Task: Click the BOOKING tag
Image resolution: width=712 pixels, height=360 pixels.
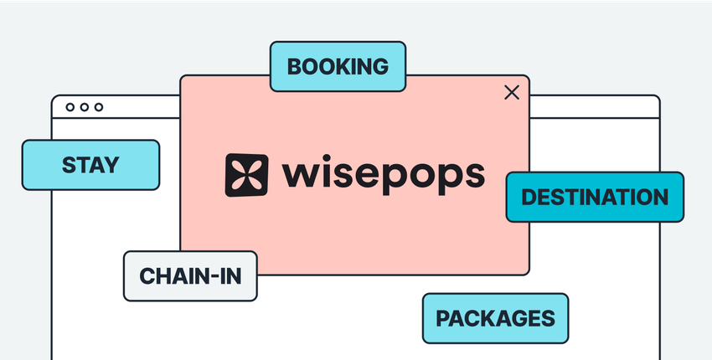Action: click(338, 66)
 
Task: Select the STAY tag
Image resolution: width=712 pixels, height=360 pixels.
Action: click(90, 165)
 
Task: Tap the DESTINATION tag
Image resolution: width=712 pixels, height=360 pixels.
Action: click(595, 198)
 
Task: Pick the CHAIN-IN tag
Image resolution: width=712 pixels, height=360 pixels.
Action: click(190, 276)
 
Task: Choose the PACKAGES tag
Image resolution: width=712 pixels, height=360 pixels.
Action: click(495, 318)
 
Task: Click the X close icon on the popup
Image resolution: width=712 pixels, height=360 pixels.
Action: click(512, 92)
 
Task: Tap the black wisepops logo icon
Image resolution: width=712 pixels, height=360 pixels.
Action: click(246, 175)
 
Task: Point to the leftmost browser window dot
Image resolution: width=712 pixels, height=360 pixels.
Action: click(70, 107)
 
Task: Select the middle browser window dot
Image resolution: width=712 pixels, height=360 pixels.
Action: click(84, 107)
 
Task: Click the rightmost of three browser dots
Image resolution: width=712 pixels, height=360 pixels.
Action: click(98, 107)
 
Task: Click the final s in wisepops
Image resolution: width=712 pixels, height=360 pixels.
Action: click(475, 176)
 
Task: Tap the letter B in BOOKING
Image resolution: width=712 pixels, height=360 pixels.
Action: click(294, 66)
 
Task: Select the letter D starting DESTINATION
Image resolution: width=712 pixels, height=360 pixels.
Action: click(529, 198)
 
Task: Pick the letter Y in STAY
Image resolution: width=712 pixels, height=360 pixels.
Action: click(111, 165)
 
